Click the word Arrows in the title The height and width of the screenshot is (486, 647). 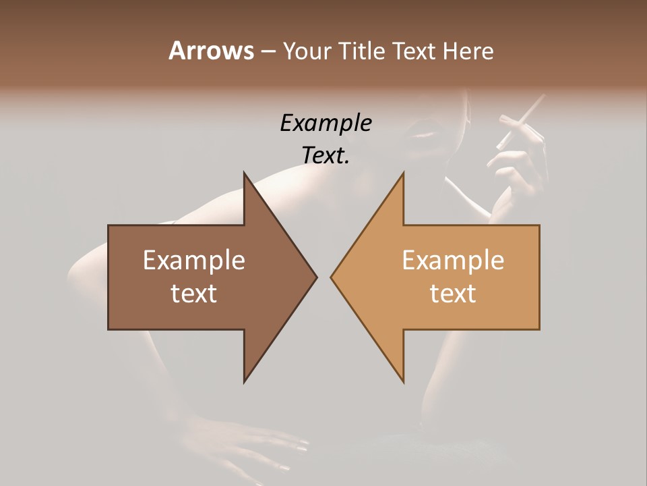click(x=211, y=51)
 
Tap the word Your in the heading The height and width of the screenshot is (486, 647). click(x=307, y=51)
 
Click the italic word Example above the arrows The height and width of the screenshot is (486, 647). click(x=326, y=124)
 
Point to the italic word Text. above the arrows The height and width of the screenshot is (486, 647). click(x=326, y=156)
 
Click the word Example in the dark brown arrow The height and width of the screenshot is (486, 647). click(x=193, y=260)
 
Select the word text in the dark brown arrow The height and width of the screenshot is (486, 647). click(x=193, y=293)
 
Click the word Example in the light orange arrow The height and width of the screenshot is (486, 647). click(x=453, y=260)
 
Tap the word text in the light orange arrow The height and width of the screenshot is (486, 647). click(x=453, y=293)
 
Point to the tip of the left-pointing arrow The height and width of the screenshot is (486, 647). click(x=332, y=277)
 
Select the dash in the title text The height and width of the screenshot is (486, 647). click(x=268, y=51)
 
